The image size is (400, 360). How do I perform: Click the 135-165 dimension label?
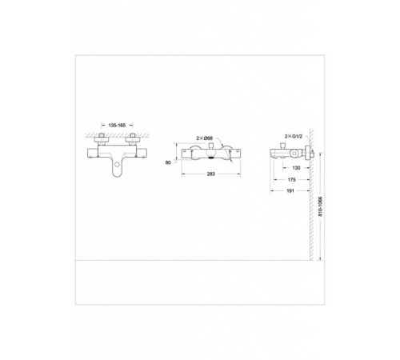117,125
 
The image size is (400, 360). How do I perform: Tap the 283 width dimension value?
211,174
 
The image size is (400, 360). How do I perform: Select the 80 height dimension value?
168,162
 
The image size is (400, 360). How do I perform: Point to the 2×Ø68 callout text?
205,138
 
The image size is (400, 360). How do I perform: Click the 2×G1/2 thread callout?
294,137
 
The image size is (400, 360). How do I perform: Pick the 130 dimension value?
296,168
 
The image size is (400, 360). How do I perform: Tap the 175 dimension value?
292,180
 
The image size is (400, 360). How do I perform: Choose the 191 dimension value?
290,190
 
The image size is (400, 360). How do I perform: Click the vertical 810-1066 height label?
321,206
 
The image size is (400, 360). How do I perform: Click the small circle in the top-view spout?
117,165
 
